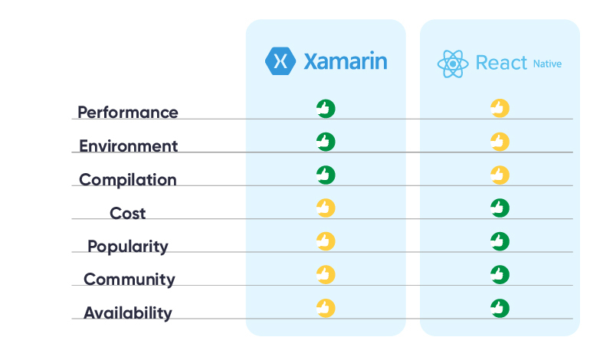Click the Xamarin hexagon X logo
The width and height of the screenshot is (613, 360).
tap(280, 61)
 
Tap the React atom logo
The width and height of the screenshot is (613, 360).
tap(453, 64)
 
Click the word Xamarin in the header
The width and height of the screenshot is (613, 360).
tap(345, 61)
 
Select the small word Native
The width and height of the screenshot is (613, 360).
tap(547, 64)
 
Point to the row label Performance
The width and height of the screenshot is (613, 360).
tap(128, 113)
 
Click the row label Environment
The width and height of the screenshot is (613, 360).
tap(129, 146)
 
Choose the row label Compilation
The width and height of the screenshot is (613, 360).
tap(128, 180)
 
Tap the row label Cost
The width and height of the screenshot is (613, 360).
tap(128, 213)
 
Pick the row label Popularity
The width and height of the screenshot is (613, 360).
tap(128, 247)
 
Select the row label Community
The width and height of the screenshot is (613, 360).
tap(129, 280)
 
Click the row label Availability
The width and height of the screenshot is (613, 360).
tap(128, 313)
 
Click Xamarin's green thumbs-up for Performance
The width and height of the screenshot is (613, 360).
tap(326, 108)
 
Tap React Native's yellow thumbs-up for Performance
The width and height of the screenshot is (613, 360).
tap(500, 108)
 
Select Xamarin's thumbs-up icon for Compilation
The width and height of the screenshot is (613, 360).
tap(326, 175)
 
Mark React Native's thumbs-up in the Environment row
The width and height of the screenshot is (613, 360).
tap(500, 141)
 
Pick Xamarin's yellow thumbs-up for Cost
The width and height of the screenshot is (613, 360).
tap(326, 208)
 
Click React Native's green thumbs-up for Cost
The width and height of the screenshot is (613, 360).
tap(500, 208)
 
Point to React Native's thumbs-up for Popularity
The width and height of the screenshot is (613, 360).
tap(500, 241)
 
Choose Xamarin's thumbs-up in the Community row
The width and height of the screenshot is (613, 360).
tap(326, 274)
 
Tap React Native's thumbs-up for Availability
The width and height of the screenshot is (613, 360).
tap(500, 308)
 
